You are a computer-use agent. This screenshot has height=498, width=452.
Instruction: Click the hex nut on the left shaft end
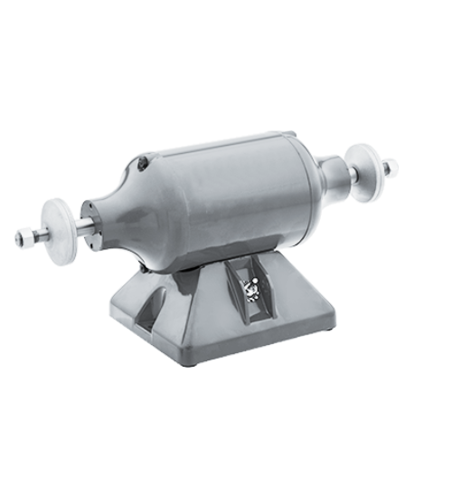[x=25, y=238]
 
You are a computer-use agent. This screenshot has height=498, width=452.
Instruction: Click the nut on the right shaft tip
[x=390, y=168]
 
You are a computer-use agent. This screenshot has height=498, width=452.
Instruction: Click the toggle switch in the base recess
[x=250, y=288]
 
